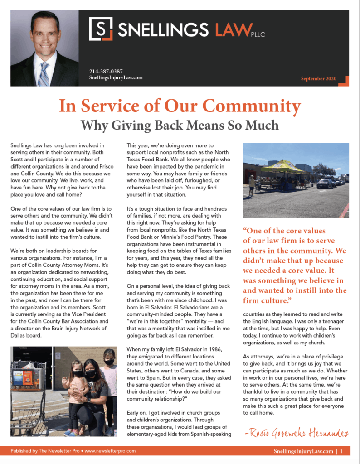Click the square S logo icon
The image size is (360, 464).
(x=101, y=29)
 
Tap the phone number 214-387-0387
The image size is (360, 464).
(x=107, y=71)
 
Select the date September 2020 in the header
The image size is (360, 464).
(x=319, y=79)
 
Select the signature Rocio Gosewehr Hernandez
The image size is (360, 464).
(x=296, y=434)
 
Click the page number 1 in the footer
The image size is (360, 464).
(x=341, y=451)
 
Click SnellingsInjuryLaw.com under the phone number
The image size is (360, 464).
(x=117, y=78)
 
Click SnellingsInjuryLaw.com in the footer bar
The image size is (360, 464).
(x=303, y=451)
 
